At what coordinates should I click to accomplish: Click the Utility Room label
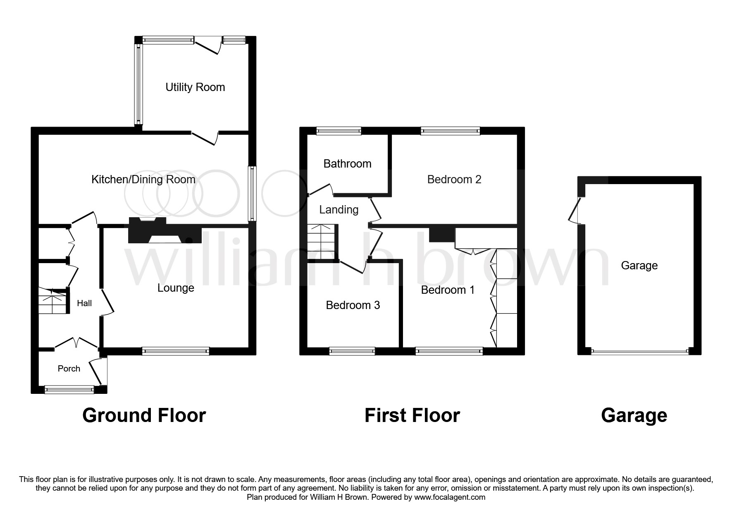pyautogui.click(x=195, y=87)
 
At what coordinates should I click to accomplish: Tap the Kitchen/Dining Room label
pyautogui.click(x=143, y=180)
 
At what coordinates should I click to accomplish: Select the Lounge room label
pyautogui.click(x=176, y=288)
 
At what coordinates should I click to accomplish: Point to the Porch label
pyautogui.click(x=69, y=369)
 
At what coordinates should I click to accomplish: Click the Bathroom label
pyautogui.click(x=347, y=164)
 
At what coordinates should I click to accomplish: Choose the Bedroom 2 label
pyautogui.click(x=454, y=180)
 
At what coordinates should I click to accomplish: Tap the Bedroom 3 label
pyautogui.click(x=353, y=305)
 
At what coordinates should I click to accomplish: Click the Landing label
pyautogui.click(x=339, y=210)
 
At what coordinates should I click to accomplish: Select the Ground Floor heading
pyautogui.click(x=144, y=415)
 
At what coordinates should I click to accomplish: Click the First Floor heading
pyautogui.click(x=412, y=415)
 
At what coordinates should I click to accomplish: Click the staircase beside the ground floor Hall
pyautogui.click(x=52, y=302)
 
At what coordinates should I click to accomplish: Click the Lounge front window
pyautogui.click(x=175, y=352)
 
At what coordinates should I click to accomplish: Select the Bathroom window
pyautogui.click(x=339, y=131)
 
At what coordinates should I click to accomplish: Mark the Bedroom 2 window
pyautogui.click(x=450, y=131)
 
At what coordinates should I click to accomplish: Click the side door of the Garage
pyautogui.click(x=575, y=211)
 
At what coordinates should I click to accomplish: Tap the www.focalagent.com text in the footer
pyautogui.click(x=450, y=497)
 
